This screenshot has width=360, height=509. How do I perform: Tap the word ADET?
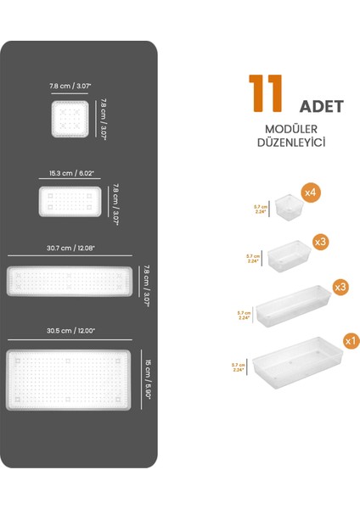point(321,107)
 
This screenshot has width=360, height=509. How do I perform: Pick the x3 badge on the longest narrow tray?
point(340,288)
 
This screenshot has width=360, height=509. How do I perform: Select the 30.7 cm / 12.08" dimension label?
point(70,249)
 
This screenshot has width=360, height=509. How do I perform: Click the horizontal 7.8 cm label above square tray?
point(70,86)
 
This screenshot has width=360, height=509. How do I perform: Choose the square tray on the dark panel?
point(70,119)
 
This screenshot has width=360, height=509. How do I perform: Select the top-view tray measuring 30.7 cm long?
point(70,280)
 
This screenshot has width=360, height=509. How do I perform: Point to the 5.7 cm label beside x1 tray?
point(238,367)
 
